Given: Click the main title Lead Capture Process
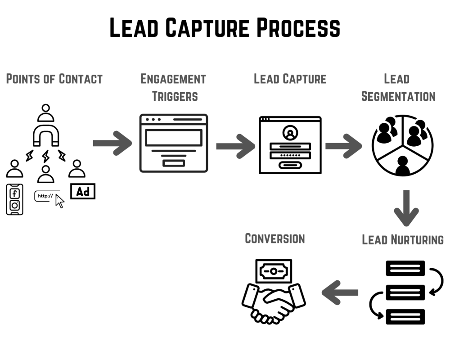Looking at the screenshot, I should (225, 28).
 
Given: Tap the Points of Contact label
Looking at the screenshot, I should (54, 79).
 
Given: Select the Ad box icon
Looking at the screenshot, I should (83, 192).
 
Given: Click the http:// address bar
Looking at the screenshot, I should (45, 196).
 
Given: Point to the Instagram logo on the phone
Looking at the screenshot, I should (14, 205).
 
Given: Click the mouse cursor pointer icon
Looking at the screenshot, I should (59, 201).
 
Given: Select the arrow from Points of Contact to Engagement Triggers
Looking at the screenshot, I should (112, 143).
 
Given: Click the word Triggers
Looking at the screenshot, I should (174, 96).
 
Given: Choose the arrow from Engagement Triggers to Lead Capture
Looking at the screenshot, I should (235, 146).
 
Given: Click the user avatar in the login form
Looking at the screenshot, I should (290, 133).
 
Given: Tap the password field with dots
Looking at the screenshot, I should (290, 155).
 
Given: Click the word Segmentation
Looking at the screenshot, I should (398, 96).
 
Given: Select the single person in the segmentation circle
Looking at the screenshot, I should (402, 166).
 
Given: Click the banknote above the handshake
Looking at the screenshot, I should (273, 271).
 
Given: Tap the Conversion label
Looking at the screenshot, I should (274, 238).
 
